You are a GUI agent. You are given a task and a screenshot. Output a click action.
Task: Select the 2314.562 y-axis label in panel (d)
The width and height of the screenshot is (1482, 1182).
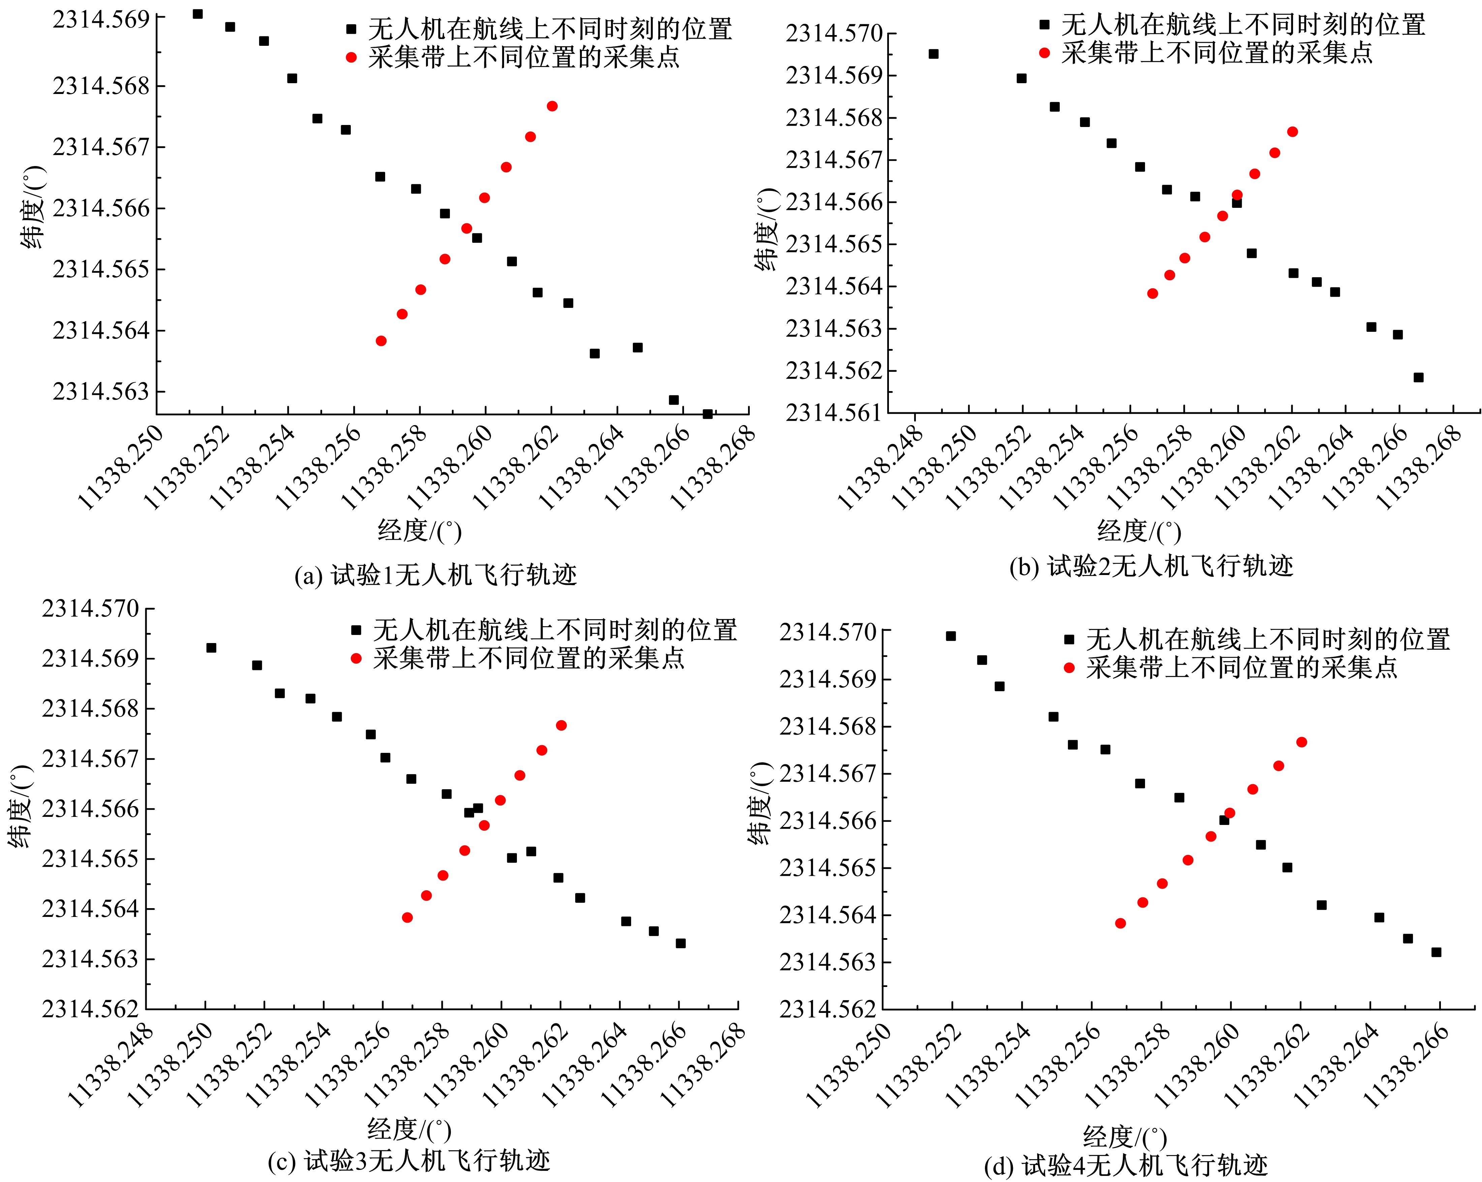828,1009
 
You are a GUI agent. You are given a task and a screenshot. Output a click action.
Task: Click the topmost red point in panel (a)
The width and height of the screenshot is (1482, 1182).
552,106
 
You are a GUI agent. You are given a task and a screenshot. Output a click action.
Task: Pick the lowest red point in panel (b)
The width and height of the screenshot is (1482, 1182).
1153,293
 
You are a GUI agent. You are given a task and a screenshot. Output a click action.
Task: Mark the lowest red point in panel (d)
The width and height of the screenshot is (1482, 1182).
1120,923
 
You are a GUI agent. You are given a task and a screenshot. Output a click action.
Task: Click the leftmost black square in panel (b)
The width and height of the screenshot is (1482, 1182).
933,54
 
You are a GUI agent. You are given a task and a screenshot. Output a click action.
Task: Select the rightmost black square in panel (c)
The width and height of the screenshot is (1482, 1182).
680,943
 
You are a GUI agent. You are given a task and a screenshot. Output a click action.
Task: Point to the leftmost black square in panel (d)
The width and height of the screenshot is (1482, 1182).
951,636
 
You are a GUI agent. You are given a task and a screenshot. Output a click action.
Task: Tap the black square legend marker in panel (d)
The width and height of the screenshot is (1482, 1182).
1069,639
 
